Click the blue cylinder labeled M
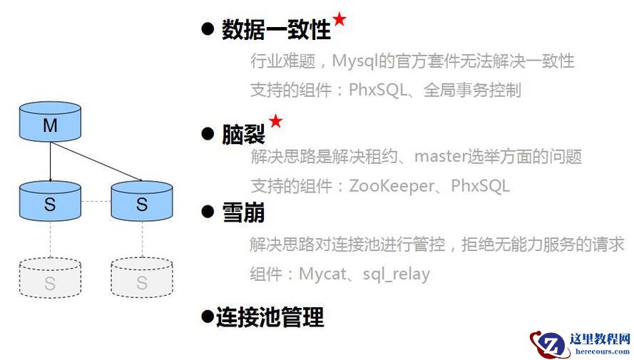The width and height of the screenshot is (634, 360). tap(49, 122)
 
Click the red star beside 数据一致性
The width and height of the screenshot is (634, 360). tap(339, 19)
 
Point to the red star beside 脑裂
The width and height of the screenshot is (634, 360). tap(275, 121)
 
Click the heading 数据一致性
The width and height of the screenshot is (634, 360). tap(276, 30)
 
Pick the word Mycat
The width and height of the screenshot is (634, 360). tap(324, 274)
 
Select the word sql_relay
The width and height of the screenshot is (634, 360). tap(396, 274)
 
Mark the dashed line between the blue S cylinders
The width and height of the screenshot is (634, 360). tap(96, 201)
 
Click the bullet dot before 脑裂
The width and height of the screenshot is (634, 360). tap(208, 133)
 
